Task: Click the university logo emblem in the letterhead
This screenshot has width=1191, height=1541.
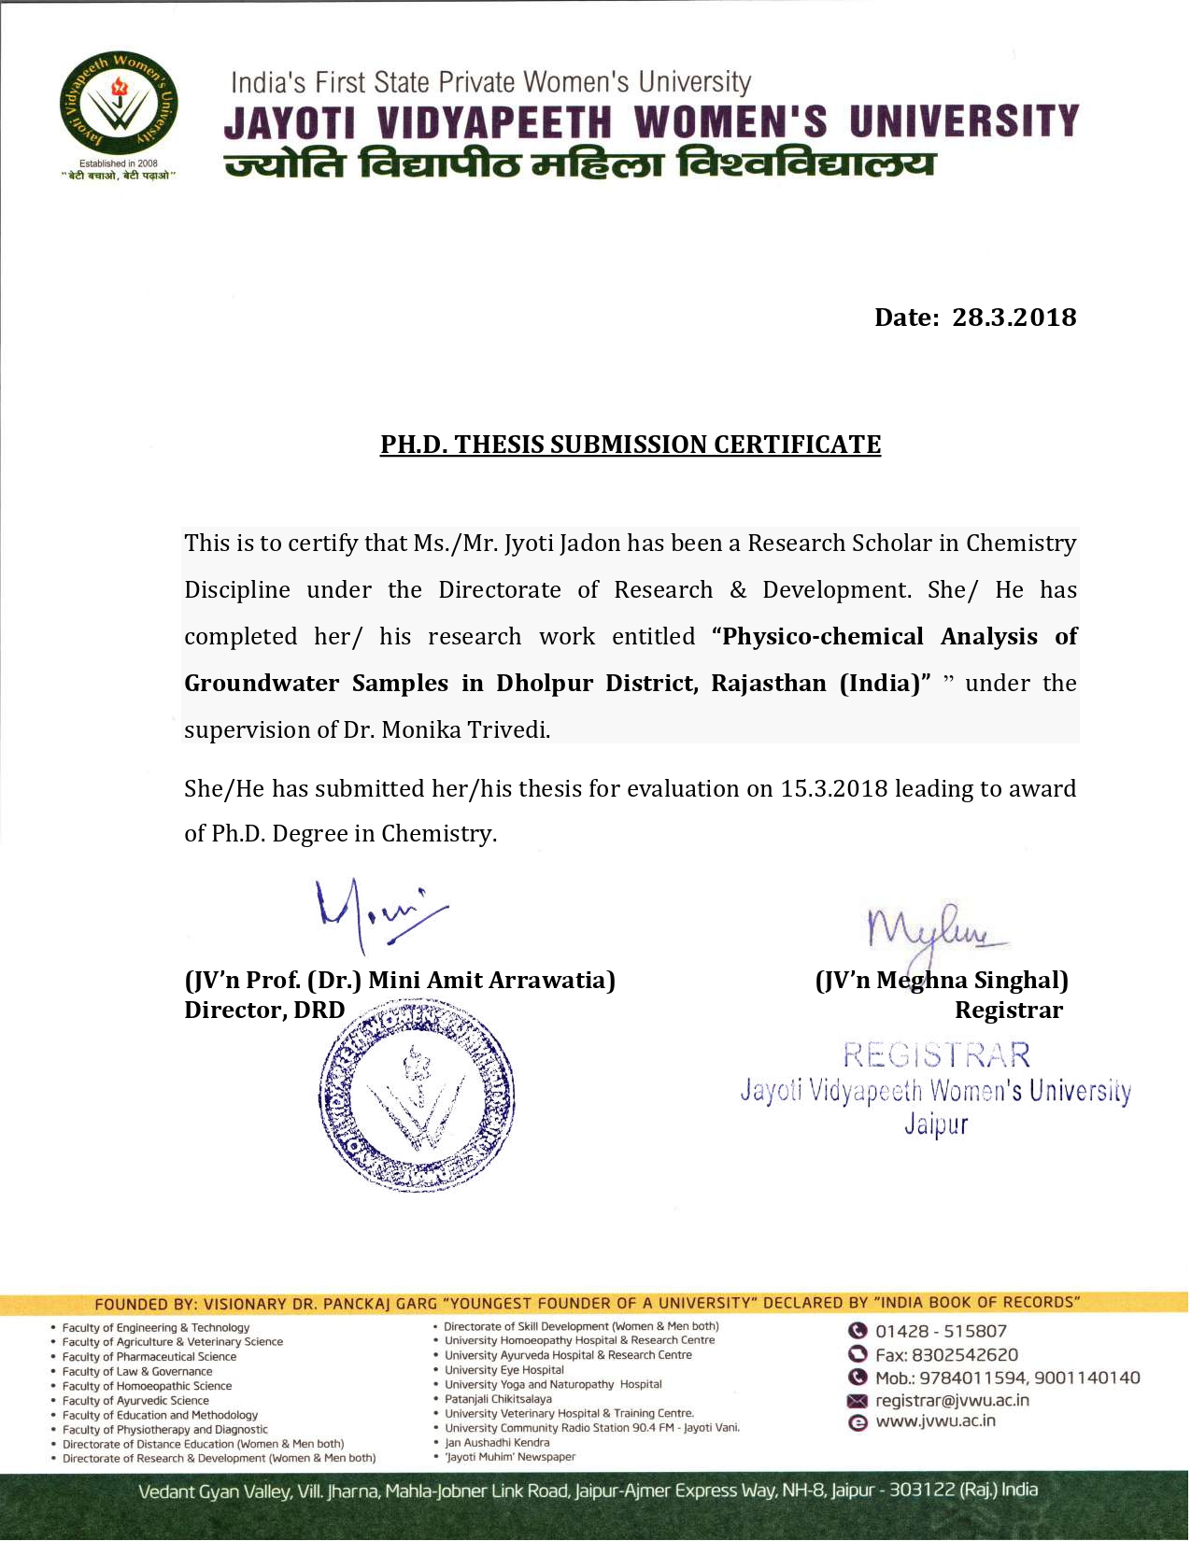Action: coord(119,104)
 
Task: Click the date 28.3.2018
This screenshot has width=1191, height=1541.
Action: coord(1014,318)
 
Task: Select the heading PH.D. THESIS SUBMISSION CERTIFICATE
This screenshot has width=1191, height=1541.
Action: coord(630,445)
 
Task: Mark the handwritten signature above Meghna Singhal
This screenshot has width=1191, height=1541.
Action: coord(934,930)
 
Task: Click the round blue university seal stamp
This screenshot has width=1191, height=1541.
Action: coord(417,1096)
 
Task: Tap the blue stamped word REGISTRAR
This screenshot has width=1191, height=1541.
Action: coord(936,1056)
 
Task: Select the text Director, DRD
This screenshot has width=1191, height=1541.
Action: coord(264,1011)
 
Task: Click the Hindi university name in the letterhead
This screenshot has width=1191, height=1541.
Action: coord(579,164)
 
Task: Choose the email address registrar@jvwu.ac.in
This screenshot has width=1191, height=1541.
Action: coord(952,1401)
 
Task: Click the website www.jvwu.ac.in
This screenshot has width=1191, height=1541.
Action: coord(935,1421)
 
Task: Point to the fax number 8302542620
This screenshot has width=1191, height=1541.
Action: coord(964,1355)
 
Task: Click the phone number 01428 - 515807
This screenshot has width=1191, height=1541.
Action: coord(941,1332)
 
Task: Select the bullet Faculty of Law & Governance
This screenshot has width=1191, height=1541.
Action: coord(137,1372)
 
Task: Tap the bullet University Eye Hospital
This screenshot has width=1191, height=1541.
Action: coord(504,1370)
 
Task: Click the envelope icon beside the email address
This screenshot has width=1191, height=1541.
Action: coord(857,1401)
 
